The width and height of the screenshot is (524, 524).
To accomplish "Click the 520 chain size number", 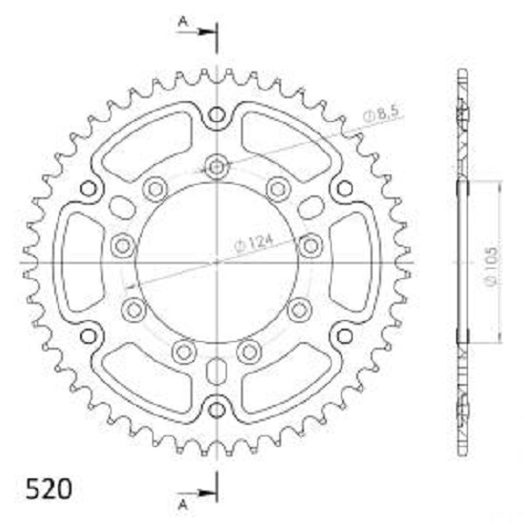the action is pos(49,490).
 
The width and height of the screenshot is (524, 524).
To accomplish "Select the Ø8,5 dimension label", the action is pos(382,114).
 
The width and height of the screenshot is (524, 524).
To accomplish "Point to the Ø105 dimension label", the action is pos(492,267).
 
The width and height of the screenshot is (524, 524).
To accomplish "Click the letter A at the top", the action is pos(183,22).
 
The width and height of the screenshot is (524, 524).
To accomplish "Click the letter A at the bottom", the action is pos(183,504).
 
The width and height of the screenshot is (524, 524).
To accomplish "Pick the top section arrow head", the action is pos(206,32).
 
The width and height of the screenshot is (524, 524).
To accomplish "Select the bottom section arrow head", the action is pos(206,493).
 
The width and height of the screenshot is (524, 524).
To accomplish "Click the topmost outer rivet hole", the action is pos(216,115).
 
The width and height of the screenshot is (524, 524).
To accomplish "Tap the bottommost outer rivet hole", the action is pos(216,410).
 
